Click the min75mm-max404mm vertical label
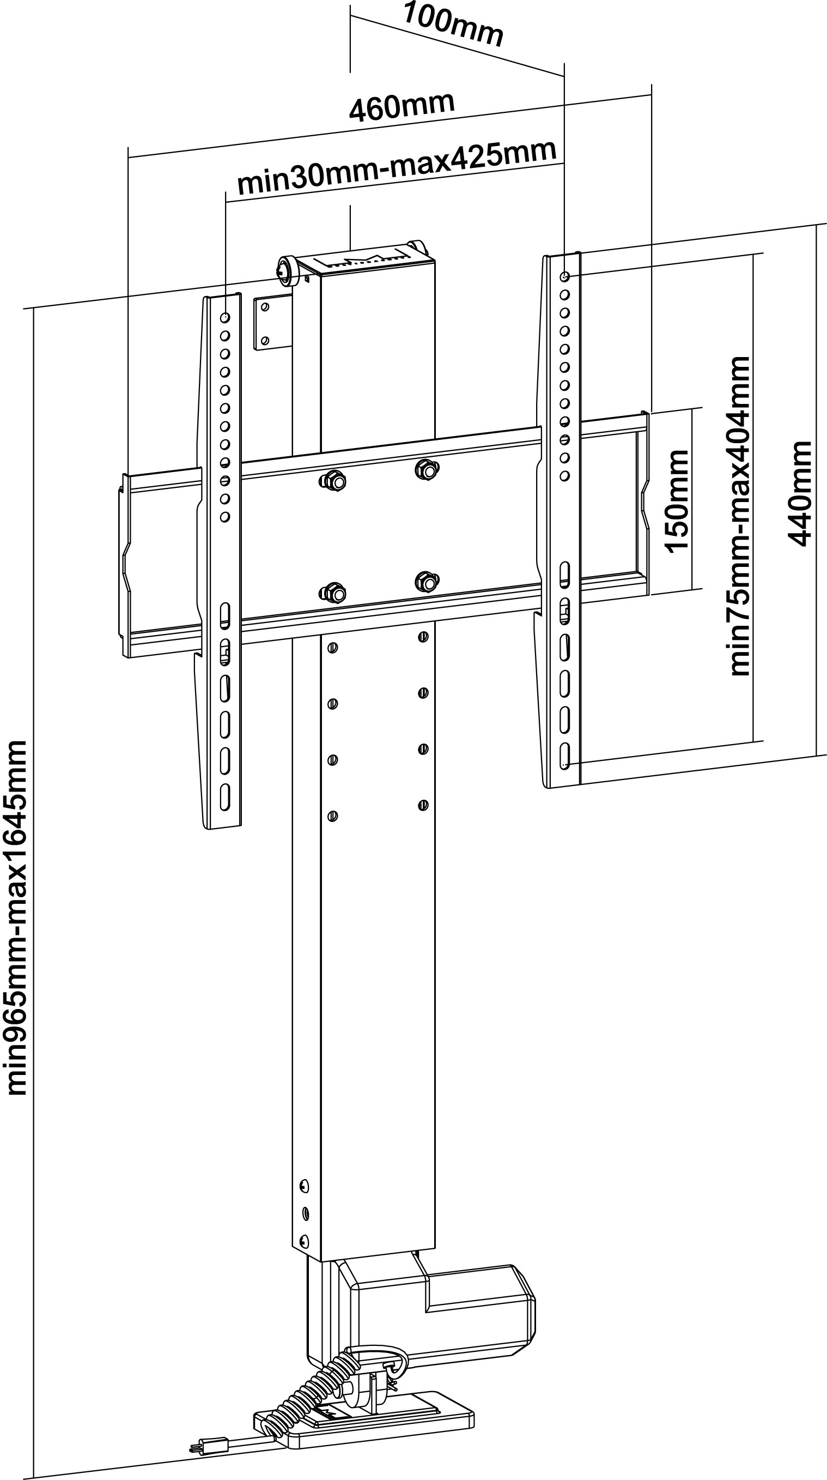coord(740,516)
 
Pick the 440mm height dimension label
coord(799,493)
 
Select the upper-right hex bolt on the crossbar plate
coord(427,469)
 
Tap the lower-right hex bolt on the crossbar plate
coord(427,581)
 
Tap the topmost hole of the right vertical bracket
coord(565,277)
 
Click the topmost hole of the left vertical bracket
coord(225,317)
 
